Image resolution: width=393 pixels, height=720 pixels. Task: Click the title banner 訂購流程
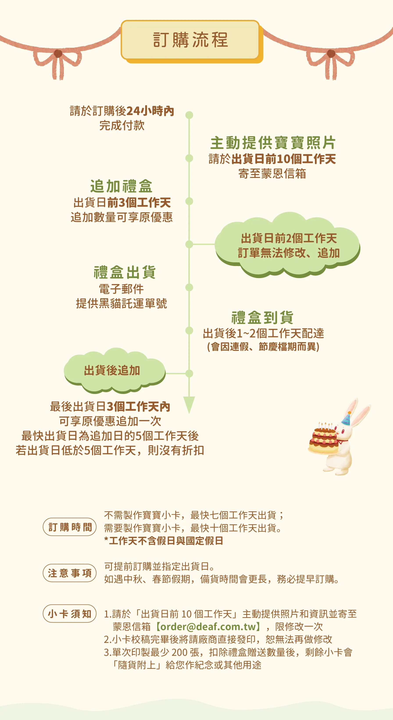190,40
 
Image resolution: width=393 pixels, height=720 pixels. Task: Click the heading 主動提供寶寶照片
273,143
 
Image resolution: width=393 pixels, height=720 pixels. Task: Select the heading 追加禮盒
121,186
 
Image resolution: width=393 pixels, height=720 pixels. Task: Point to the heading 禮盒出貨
125,272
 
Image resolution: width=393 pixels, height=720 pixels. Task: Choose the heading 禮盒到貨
262,317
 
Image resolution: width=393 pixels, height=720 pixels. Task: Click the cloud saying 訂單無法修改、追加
288,245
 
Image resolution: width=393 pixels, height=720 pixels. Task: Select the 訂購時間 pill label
70,527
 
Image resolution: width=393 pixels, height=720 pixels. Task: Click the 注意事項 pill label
70,573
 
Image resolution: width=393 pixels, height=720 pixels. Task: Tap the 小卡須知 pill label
70,614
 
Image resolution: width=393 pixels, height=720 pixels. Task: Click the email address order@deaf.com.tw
208,627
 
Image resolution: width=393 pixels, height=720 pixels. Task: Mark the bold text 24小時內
150,111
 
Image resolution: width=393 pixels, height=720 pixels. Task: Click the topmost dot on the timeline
189,115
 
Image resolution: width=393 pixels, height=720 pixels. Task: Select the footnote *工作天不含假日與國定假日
164,541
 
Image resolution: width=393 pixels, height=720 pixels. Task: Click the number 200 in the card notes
179,652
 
